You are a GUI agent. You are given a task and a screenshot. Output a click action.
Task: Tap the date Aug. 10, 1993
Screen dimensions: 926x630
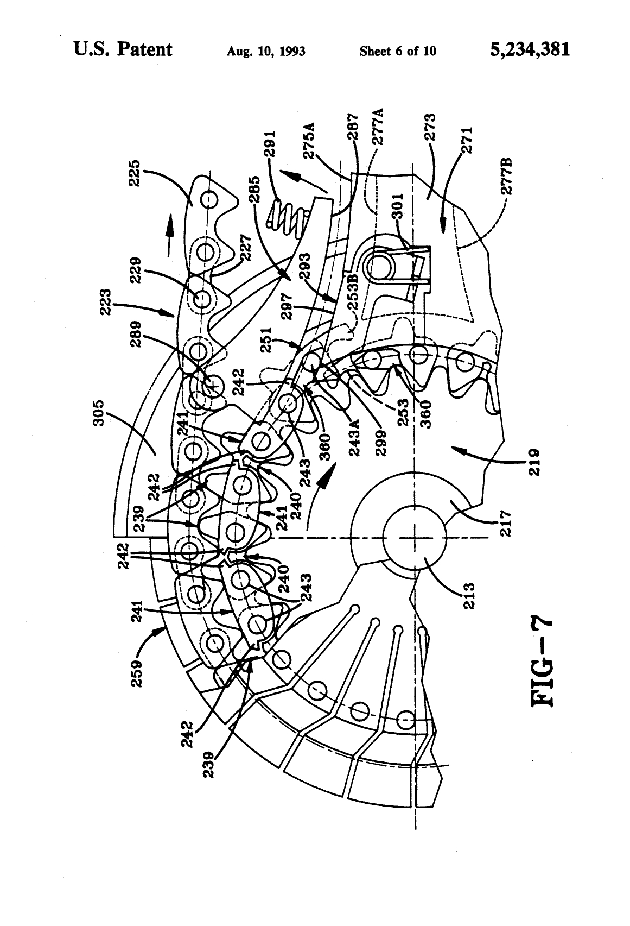click(266, 52)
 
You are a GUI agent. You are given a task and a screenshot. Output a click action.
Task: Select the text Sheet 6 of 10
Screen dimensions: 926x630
click(398, 52)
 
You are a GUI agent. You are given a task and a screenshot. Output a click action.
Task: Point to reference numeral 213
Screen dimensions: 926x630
click(469, 595)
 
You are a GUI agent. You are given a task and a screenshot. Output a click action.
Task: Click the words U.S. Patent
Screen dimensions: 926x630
click(123, 49)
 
